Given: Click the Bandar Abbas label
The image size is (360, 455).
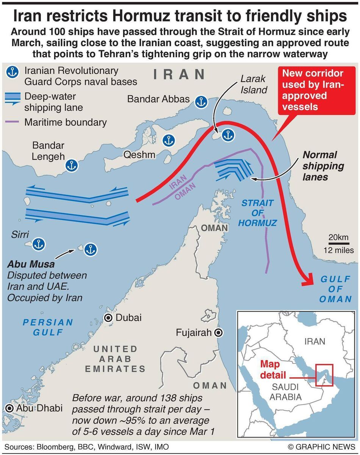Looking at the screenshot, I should click(x=158, y=99).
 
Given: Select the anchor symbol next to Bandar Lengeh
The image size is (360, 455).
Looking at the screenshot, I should click(x=70, y=165).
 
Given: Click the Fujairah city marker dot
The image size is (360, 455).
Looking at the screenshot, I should click(x=218, y=333).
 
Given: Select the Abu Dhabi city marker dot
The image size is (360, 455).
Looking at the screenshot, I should click(x=9, y=408).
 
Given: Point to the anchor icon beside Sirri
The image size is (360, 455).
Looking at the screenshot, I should click(x=38, y=245).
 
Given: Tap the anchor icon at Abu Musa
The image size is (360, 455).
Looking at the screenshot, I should click(x=91, y=249).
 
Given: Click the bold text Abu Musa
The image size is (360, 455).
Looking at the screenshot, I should click(x=31, y=264).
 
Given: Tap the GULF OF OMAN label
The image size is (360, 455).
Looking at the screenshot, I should click(x=336, y=289).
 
